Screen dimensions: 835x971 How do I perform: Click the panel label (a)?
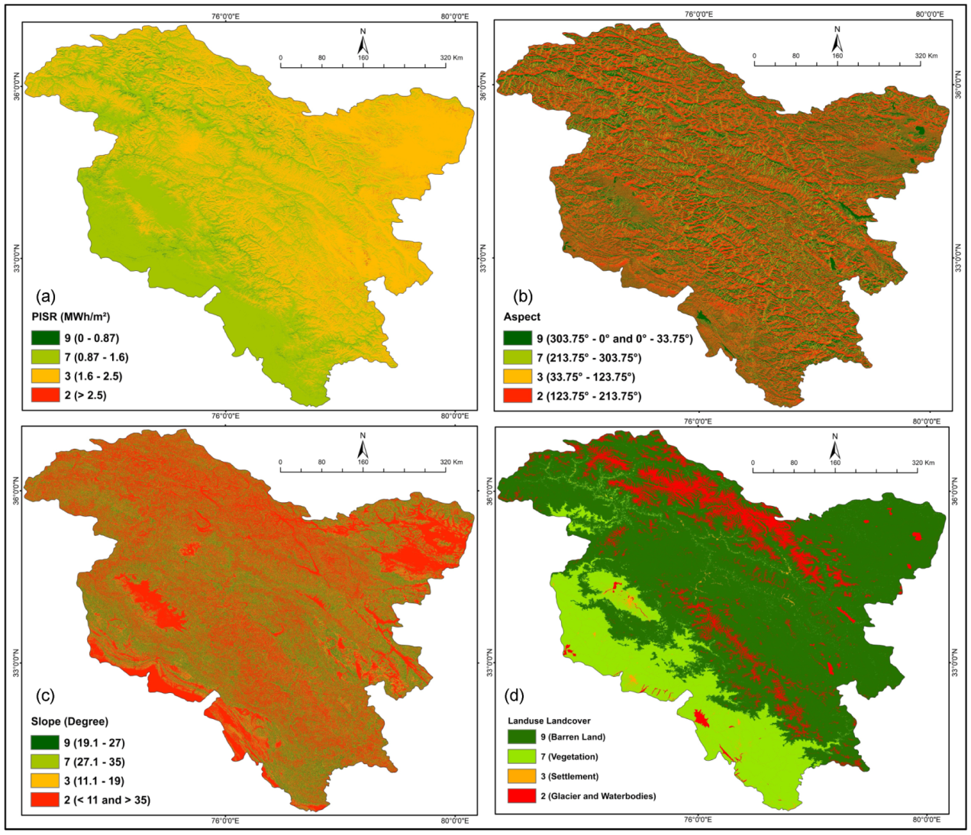(x=45, y=296)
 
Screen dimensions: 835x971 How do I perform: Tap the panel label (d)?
(x=515, y=695)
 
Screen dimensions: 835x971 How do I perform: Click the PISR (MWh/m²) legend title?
(x=71, y=317)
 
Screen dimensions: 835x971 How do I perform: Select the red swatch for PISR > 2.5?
(x=45, y=395)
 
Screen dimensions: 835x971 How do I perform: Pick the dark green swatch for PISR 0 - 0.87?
(x=45, y=338)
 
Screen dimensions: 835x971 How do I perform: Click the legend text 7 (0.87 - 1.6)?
(x=96, y=357)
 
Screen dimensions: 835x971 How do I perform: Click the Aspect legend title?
(x=521, y=317)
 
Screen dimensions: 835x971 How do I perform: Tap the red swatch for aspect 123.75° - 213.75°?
(x=517, y=396)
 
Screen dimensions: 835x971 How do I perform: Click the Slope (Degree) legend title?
(x=69, y=721)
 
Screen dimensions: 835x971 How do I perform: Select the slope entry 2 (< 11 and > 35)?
(x=106, y=800)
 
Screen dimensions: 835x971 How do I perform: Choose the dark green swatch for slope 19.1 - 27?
(x=45, y=743)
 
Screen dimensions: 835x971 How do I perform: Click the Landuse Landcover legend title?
(x=549, y=721)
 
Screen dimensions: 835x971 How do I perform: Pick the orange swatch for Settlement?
(x=521, y=776)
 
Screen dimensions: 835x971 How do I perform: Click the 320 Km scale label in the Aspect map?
(x=926, y=56)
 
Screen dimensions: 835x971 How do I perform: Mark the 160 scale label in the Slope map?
(x=363, y=462)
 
